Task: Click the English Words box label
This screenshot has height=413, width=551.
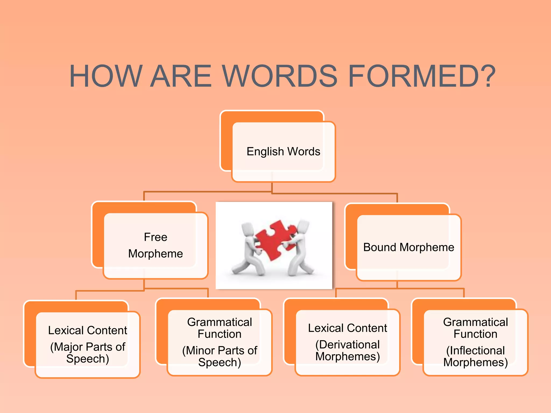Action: coord(283,152)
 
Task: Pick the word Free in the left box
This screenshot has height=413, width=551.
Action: coord(156,237)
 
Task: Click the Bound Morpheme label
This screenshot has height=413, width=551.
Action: coord(408,247)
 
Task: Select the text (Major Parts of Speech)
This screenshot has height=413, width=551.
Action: coord(88,353)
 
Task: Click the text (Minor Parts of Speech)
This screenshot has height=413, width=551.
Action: coord(220,356)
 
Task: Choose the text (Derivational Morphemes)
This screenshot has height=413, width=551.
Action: coord(348,351)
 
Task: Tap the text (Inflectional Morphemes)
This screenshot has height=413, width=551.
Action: coord(475,356)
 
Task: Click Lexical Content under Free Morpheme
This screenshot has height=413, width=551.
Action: coord(88,330)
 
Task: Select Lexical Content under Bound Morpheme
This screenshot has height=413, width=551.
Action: coord(348,328)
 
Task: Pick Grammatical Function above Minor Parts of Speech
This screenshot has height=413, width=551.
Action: coord(220,328)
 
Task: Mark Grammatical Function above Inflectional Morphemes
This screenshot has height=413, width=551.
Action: coord(475,328)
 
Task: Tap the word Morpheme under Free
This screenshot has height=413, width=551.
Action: coord(156,254)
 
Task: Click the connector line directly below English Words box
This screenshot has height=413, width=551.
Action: coord(272,187)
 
